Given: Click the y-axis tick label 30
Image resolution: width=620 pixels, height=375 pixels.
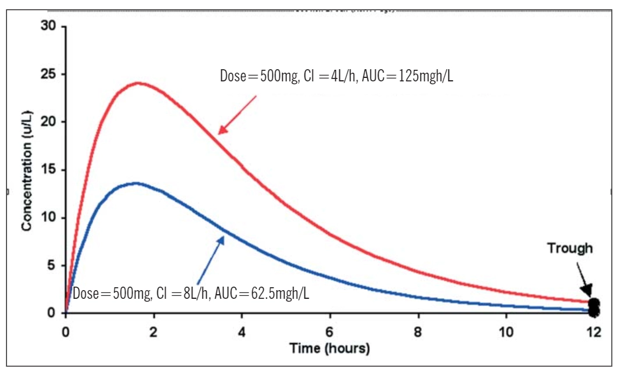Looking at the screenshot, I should [x=48, y=26].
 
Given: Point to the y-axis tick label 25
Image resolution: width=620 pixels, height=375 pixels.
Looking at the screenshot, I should [x=48, y=74].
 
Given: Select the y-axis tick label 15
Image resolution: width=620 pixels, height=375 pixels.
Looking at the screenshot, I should [x=48, y=170].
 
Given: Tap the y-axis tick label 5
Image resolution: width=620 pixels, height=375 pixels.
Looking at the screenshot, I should [x=52, y=266].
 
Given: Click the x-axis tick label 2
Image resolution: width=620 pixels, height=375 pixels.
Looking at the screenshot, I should [x=154, y=333].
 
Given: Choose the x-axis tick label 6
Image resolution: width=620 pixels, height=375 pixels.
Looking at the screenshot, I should [x=330, y=333].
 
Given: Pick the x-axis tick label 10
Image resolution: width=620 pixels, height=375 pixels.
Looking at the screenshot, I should [x=506, y=333].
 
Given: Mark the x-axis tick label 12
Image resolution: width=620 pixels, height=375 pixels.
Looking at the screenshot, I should [x=594, y=333].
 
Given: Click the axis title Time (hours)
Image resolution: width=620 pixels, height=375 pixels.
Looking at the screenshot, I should [x=330, y=349].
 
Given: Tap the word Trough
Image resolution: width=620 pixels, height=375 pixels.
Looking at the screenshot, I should [x=570, y=249].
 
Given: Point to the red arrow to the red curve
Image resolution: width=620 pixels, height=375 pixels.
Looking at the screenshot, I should [x=238, y=115].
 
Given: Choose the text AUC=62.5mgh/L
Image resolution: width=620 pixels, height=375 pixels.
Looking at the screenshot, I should [x=262, y=294].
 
